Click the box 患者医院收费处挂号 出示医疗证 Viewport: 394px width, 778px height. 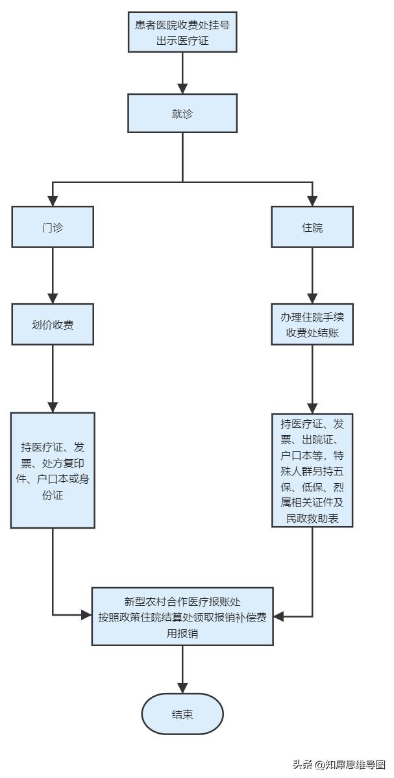(x=182, y=33)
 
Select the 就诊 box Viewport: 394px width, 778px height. (x=182, y=114)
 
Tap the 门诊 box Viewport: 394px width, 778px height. (x=53, y=227)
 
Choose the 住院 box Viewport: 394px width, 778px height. (x=312, y=227)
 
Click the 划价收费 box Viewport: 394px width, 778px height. (x=53, y=324)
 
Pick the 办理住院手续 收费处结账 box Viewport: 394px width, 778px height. (x=312, y=324)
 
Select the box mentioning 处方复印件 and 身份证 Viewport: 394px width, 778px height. (x=53, y=470)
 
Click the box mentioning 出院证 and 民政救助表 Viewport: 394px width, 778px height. (x=312, y=470)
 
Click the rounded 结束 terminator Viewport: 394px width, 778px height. (x=182, y=714)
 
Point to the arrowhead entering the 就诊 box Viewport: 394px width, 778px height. (x=182, y=89)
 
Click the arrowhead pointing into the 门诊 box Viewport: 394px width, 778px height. (x=53, y=201)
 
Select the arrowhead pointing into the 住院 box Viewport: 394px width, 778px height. (x=312, y=201)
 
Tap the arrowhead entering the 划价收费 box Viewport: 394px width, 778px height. (x=53, y=299)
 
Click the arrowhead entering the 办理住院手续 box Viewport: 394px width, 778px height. (x=312, y=299)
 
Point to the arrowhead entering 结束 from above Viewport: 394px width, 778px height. (x=182, y=688)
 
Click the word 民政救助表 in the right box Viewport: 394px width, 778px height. (x=312, y=519)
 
